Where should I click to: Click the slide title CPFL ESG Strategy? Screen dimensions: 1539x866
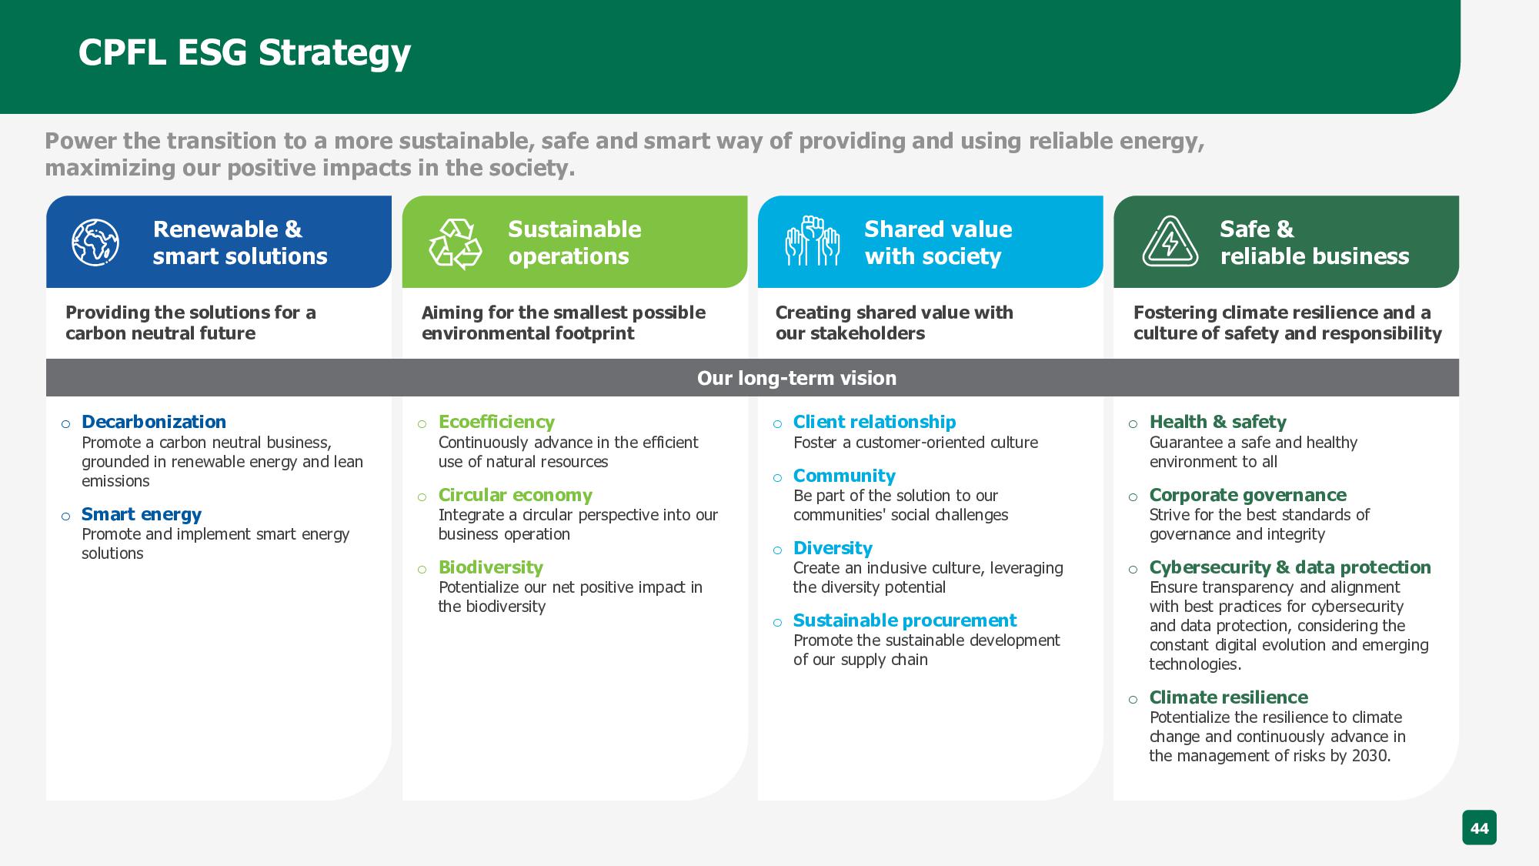click(245, 53)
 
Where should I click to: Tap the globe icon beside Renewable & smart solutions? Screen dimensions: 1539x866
click(95, 242)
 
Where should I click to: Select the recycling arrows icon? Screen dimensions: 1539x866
click(455, 243)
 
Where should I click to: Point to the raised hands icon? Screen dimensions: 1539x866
click(812, 241)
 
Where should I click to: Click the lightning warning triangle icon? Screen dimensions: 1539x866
click(1170, 242)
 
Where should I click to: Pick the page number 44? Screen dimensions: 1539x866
click(1479, 828)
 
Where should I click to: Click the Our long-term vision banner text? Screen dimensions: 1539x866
click(796, 378)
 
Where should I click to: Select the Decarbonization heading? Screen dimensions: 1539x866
click(154, 422)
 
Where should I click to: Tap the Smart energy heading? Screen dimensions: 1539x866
click(142, 514)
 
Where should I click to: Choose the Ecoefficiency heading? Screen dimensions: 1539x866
click(496, 422)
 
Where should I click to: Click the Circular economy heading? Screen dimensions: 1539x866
click(516, 495)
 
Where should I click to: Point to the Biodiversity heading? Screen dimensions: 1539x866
click(491, 567)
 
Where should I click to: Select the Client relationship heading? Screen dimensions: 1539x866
click(874, 422)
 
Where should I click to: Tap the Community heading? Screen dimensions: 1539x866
click(844, 476)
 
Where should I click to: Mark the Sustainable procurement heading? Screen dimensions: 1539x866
click(904, 620)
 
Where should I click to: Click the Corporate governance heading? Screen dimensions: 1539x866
click(1247, 495)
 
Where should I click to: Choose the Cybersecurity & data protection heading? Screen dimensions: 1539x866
click(1290, 567)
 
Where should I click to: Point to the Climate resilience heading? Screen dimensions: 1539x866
click(1228, 697)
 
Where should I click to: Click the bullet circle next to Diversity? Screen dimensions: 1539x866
click(777, 550)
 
